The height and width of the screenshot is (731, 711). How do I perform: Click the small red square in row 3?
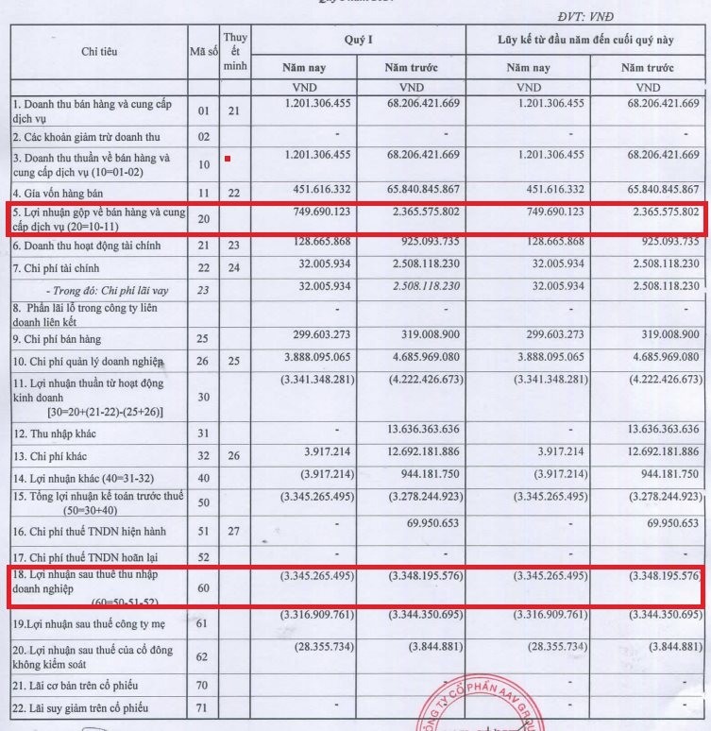[x=228, y=159]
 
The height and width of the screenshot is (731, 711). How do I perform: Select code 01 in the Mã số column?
[x=203, y=110]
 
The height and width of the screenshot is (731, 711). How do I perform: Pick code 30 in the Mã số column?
[x=203, y=397]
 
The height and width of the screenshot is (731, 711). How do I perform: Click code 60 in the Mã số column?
[x=203, y=587]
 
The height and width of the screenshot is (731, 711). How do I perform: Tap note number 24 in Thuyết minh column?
[x=235, y=268]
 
